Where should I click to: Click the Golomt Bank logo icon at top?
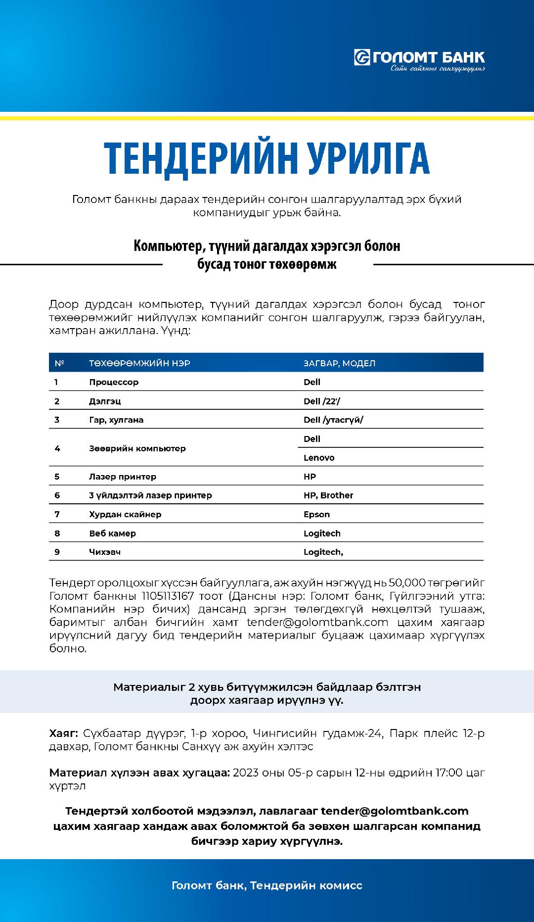click(362, 58)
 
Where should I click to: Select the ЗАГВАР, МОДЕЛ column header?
click(339, 363)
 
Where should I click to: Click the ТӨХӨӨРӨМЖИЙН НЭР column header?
click(139, 363)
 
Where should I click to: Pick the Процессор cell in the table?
click(114, 382)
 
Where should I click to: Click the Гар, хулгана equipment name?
click(116, 420)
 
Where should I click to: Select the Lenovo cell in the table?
click(319, 458)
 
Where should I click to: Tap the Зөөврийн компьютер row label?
click(137, 448)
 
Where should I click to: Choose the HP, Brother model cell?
click(328, 495)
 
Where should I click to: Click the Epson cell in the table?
click(316, 514)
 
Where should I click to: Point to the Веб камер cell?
click(112, 534)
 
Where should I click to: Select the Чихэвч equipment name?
click(105, 552)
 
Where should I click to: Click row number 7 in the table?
click(57, 514)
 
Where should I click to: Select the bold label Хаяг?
click(63, 733)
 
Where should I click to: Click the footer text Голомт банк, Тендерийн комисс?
click(267, 885)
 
